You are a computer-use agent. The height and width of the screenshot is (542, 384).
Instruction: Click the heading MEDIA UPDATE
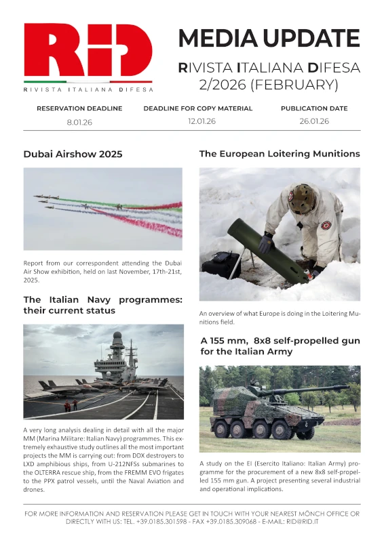[x=269, y=38]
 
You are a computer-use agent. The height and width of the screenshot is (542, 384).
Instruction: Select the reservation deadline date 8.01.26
[x=79, y=121]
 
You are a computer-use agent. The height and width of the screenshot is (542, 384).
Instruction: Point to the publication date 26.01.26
[x=314, y=121]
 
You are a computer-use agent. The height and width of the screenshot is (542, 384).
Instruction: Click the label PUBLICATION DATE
[x=314, y=108]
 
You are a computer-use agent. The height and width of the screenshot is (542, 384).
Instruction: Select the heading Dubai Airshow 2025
[x=73, y=154]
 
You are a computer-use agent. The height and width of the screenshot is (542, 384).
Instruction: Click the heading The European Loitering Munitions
[x=279, y=154]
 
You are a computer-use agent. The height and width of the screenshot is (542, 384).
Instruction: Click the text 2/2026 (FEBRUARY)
[x=269, y=85]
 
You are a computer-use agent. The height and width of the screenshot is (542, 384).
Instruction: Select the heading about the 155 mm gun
[x=279, y=346]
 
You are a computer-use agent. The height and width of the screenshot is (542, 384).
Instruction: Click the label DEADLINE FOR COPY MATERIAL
[x=197, y=108]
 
